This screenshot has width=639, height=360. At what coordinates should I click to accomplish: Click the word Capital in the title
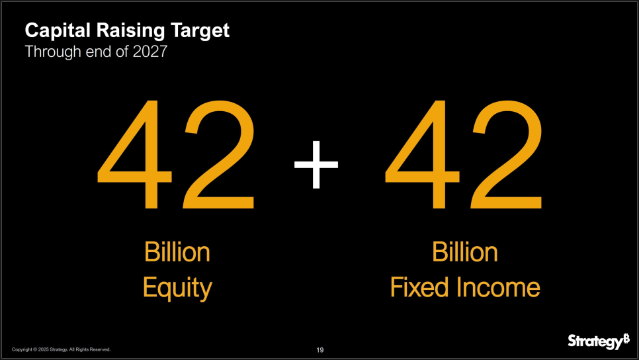58,31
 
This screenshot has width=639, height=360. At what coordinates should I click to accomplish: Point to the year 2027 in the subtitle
150,52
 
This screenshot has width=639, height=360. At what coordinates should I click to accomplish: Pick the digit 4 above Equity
134,155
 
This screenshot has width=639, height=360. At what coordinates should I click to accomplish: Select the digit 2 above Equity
219,154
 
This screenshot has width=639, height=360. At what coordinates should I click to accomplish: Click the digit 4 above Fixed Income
422,155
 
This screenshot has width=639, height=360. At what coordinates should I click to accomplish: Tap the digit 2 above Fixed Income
507,154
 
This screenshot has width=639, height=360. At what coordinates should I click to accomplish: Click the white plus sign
316,165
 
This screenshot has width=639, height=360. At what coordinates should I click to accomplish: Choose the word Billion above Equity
177,252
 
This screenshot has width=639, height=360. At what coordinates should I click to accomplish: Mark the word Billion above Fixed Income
465,252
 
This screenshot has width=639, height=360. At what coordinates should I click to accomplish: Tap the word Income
498,287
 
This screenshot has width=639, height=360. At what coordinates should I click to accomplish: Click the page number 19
320,350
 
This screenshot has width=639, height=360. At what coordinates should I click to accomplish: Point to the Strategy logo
599,341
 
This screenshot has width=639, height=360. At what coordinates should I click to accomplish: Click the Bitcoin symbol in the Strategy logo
626,338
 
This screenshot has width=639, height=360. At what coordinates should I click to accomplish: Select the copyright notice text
61,349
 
